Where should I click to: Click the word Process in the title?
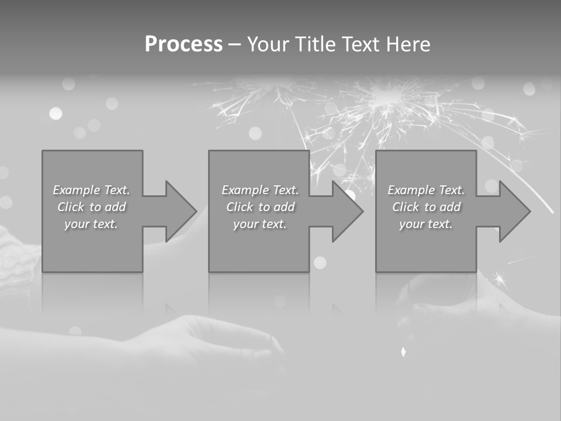coord(183,44)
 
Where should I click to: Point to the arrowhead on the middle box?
coord(347,211)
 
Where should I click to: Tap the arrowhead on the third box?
coord(514,211)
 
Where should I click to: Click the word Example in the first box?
coord(77,190)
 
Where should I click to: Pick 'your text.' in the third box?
coord(426,224)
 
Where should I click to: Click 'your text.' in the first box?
coord(91,224)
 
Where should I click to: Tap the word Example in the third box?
coord(411,190)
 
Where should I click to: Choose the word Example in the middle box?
coord(245,190)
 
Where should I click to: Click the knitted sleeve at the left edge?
coord(18,257)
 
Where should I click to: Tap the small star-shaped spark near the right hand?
coord(500,278)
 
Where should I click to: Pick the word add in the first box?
coord(116,207)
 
